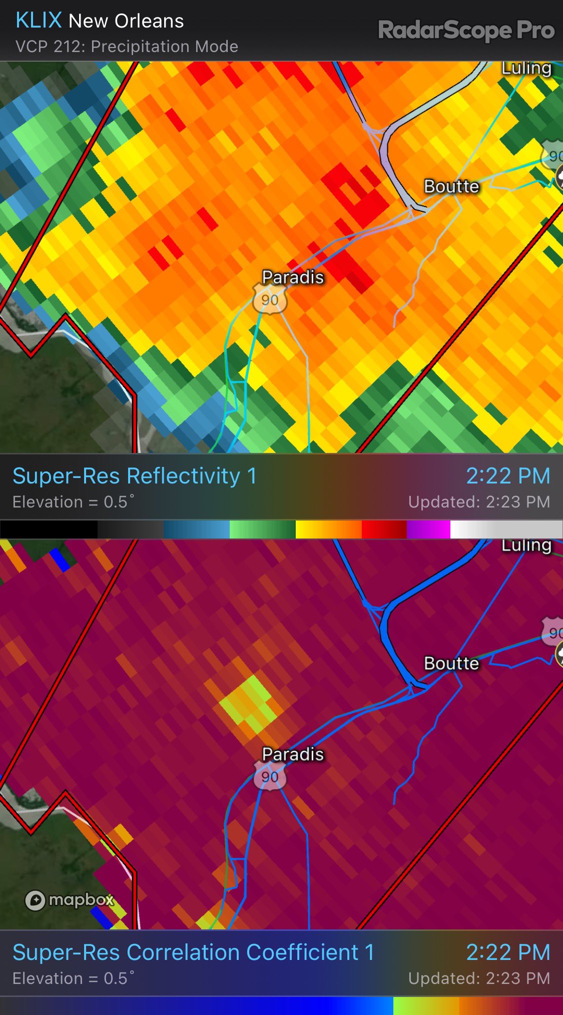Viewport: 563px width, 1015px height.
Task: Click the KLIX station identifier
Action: click(x=39, y=21)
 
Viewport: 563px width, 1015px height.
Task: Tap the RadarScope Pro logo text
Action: click(x=466, y=30)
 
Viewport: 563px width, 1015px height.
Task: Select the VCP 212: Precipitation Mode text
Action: click(x=127, y=47)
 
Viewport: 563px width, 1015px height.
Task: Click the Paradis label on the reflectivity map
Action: click(x=293, y=277)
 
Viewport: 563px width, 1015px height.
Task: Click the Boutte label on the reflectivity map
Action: click(x=451, y=186)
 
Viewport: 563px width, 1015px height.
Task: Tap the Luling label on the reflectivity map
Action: click(x=526, y=68)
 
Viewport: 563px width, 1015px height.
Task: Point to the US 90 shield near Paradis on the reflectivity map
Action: click(x=270, y=300)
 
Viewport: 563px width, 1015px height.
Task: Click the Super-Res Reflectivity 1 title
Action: click(x=134, y=476)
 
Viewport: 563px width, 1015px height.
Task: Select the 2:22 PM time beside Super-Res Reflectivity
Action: click(x=508, y=476)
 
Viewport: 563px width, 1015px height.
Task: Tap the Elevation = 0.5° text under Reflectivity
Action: click(x=73, y=502)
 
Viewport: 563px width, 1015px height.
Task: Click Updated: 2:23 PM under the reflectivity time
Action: click(x=479, y=502)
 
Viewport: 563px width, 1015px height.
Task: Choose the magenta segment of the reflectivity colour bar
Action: click(x=428, y=530)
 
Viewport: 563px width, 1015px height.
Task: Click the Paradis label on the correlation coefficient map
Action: click(x=293, y=754)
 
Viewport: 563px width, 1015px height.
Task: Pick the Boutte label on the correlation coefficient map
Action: click(x=451, y=663)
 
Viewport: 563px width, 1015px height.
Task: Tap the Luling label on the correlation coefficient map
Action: click(x=526, y=545)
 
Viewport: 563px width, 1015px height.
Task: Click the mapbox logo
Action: click(x=70, y=900)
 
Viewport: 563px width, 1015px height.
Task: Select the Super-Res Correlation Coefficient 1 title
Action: click(x=193, y=952)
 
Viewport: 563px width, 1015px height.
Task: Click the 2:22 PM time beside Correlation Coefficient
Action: click(x=508, y=952)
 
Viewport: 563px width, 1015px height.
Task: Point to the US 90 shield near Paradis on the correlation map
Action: click(x=270, y=777)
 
